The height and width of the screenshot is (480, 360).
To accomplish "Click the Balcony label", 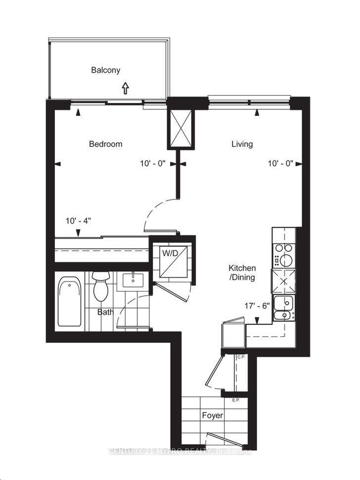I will pos(105,70).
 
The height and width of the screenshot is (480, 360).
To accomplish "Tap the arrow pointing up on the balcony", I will pos(125,88).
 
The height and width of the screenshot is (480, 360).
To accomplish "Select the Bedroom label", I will pos(105,144).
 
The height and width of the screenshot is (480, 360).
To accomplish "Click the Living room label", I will pos(242,144).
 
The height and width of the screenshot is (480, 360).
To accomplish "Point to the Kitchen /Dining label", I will pos(241,273).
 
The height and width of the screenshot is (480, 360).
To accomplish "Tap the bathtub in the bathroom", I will pos(69,302).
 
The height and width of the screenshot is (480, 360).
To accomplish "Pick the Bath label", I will pos(105,312).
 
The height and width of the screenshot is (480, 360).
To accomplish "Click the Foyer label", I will pos(212,415).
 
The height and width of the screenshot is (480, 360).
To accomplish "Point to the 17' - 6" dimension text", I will pos(256,306).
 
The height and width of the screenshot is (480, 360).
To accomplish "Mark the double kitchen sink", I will pos(283,307).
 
